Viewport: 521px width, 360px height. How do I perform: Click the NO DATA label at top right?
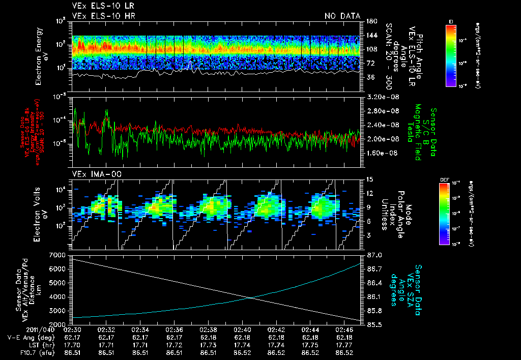pos(342,16)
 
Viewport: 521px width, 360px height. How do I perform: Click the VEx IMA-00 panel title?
pos(93,174)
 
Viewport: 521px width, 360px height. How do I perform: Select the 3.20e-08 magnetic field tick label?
pos(382,97)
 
